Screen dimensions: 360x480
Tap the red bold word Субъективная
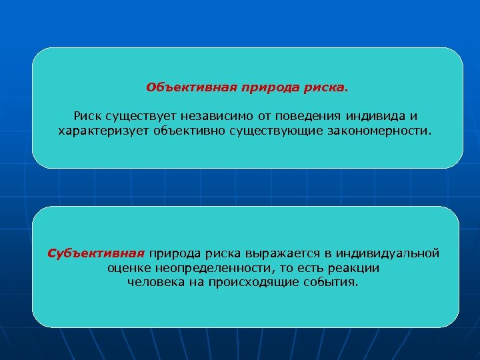coord(96,253)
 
